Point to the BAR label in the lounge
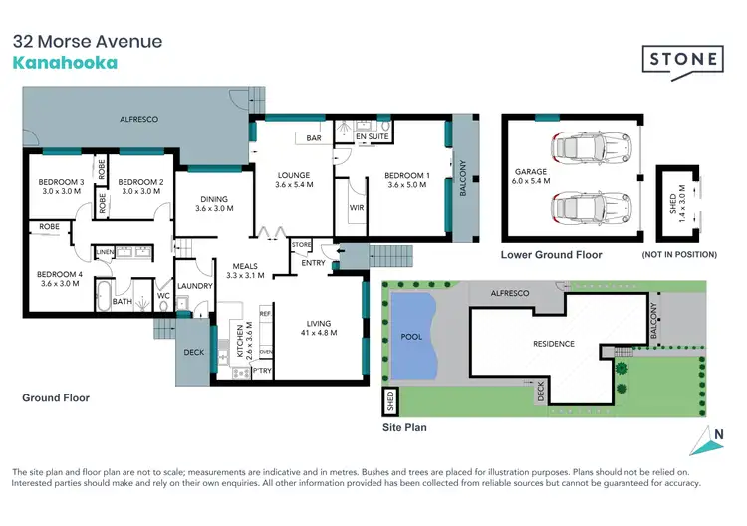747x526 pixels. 313,138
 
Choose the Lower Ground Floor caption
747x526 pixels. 552,255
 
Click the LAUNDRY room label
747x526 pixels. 195,286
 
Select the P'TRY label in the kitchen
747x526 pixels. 263,371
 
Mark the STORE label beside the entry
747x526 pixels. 301,244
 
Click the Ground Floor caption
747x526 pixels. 56,397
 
